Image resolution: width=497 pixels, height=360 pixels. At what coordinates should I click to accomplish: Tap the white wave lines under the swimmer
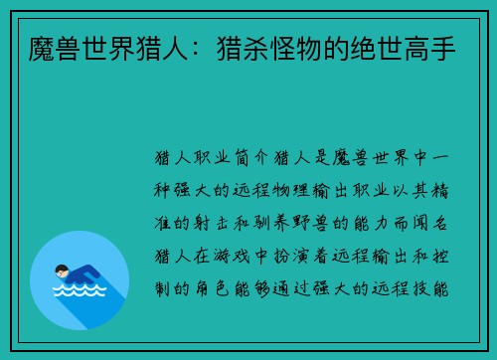click(x=79, y=293)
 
